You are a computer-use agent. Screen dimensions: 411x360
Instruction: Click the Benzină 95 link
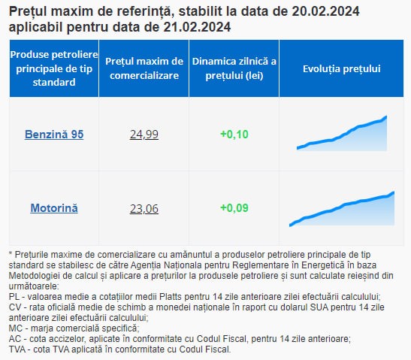coord(54,135)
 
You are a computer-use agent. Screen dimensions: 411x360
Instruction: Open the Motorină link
coord(54,208)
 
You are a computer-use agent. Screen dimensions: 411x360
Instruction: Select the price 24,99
coord(144,135)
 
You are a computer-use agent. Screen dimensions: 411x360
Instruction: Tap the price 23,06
coord(144,209)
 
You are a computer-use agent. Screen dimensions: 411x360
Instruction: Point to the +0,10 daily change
coord(234,135)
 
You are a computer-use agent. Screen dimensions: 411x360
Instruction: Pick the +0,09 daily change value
coord(234,208)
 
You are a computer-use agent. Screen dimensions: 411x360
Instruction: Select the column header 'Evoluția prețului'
coord(342,68)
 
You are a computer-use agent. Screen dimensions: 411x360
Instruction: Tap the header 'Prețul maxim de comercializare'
coord(144,68)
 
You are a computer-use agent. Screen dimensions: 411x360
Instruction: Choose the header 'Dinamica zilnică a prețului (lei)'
coord(234,68)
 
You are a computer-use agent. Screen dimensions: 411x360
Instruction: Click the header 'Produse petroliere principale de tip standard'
coord(54,68)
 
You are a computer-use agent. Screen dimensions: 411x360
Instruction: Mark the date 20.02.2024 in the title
coord(325,11)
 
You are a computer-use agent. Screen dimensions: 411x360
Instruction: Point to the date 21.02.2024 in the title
coord(197,27)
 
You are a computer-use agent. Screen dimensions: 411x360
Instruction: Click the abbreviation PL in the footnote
coord(14,297)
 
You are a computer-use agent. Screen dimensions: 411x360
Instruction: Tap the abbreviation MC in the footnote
coord(15,328)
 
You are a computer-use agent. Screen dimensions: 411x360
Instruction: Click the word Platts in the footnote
coord(171,297)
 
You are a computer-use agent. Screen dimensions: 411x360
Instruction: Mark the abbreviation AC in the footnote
coord(15,339)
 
